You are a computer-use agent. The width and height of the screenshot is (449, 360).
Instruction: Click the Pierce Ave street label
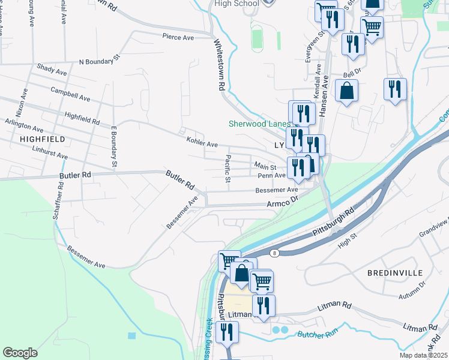[178, 37]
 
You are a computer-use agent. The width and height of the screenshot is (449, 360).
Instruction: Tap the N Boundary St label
[100, 61]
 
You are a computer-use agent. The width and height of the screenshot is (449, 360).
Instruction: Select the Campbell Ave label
[70, 94]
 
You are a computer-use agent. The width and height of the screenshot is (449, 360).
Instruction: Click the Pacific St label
[228, 169]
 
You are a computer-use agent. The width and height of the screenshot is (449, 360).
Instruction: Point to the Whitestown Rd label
[220, 65]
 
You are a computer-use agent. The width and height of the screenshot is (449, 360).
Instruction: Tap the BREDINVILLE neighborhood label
[396, 272]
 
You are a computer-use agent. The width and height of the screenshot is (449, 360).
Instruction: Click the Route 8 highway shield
[274, 253]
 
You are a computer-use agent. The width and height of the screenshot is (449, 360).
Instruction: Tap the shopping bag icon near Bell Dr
[347, 91]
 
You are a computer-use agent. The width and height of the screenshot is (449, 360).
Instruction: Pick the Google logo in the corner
[20, 352]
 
